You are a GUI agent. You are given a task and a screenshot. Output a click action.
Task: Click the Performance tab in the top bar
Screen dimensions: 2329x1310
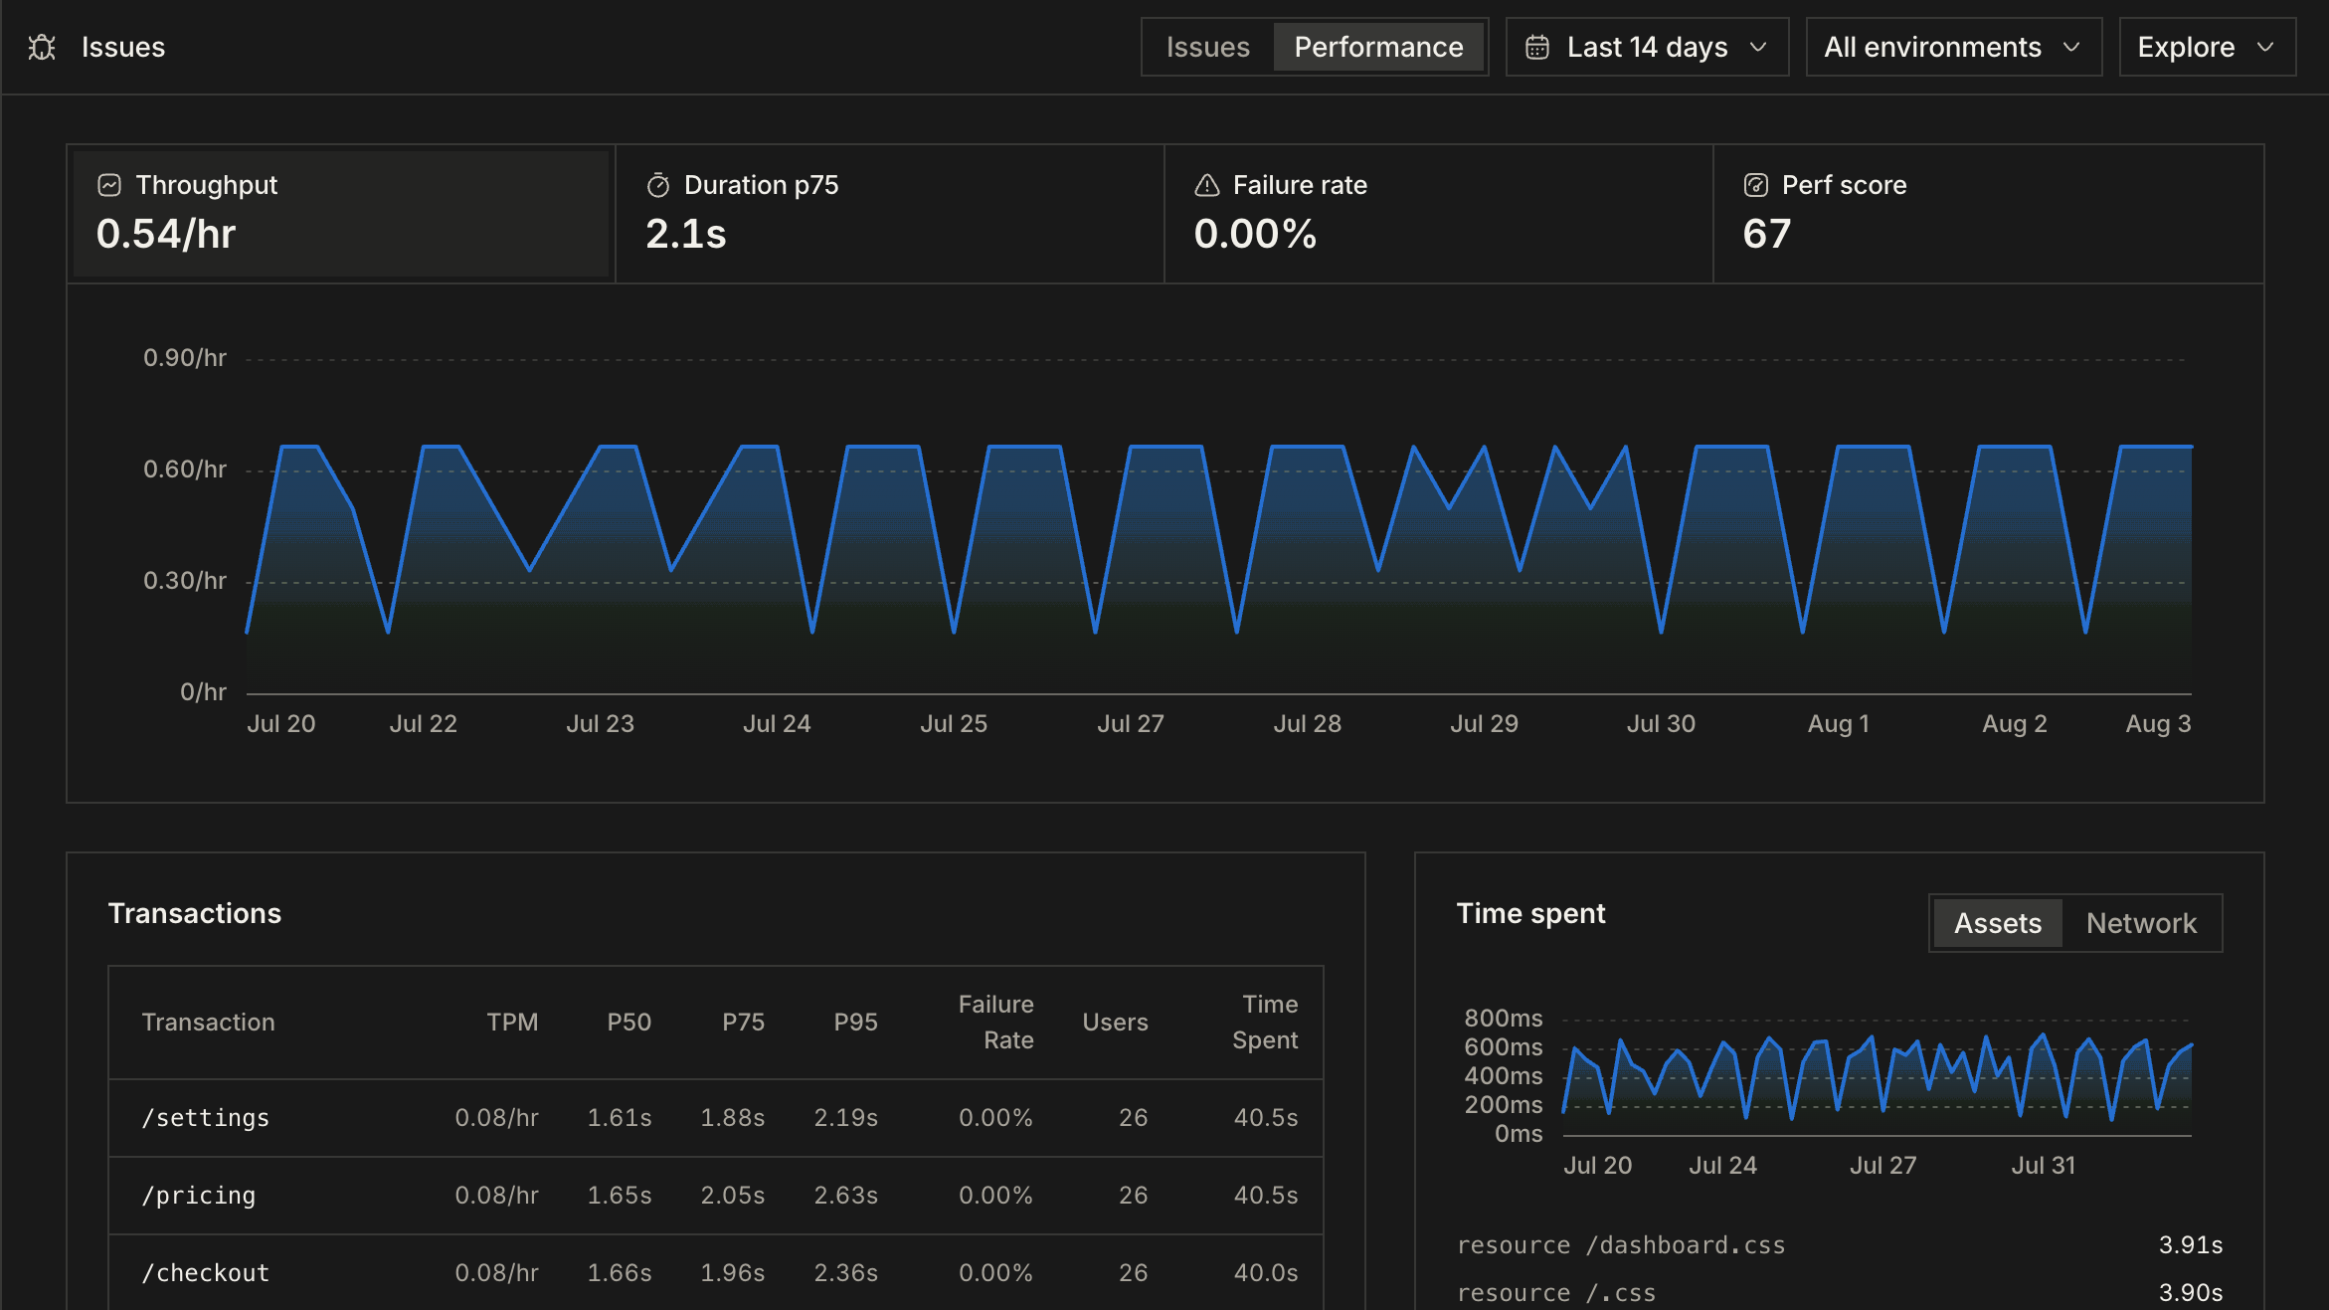pos(1378,47)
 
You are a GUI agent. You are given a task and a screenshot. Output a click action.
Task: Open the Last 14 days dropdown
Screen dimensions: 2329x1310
pos(1647,47)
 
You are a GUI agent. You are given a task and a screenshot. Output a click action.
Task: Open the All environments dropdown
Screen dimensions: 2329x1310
pos(1953,47)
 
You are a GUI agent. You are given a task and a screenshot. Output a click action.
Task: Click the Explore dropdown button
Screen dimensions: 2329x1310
pos(2207,47)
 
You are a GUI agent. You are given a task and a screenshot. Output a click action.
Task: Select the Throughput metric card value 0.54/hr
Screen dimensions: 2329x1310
pos(166,234)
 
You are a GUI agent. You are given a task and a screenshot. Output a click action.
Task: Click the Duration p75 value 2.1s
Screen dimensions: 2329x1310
pos(686,234)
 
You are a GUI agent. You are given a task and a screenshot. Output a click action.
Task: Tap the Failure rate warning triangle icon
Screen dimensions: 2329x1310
pos(1207,185)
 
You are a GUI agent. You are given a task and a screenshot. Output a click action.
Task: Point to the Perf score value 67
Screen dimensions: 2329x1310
pos(1767,234)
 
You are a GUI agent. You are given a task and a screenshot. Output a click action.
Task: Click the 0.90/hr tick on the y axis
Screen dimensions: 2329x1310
pos(185,358)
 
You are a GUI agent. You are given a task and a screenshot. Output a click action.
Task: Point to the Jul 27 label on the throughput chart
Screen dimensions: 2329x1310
pos(1131,724)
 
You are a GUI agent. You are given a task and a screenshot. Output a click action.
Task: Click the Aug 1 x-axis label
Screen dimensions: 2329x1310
pos(1839,724)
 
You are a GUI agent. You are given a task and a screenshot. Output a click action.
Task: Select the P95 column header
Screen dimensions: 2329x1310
pos(855,1023)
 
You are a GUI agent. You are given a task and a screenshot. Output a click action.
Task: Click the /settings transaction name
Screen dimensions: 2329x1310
pos(206,1118)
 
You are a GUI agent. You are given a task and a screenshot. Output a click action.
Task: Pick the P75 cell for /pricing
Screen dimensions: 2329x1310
pos(733,1196)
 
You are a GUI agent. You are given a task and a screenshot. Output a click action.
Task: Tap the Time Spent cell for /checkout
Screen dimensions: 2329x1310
pos(1266,1273)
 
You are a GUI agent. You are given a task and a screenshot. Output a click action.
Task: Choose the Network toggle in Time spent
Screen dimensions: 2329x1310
pos(2141,923)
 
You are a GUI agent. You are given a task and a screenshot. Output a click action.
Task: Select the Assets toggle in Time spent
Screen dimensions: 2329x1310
pos(1998,923)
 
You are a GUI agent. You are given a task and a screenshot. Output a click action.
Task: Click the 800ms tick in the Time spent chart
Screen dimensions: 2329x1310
pos(1504,1019)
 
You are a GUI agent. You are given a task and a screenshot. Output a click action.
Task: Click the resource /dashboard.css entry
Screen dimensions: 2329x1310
pos(1621,1245)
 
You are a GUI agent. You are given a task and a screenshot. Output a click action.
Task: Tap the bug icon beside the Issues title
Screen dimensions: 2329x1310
pos(42,47)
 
